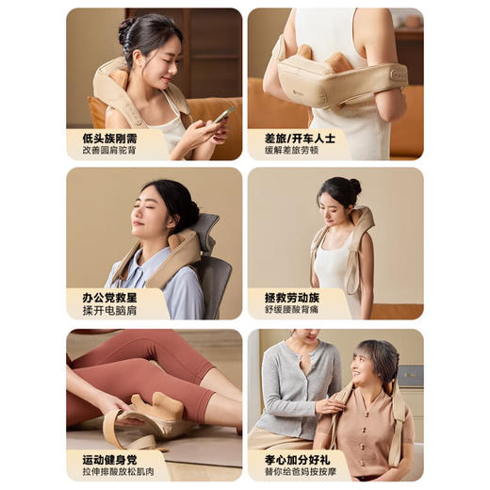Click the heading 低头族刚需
click(104, 137)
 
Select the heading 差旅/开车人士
click(300, 137)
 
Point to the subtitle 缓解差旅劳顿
click(292, 150)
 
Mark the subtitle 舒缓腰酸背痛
click(294, 310)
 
